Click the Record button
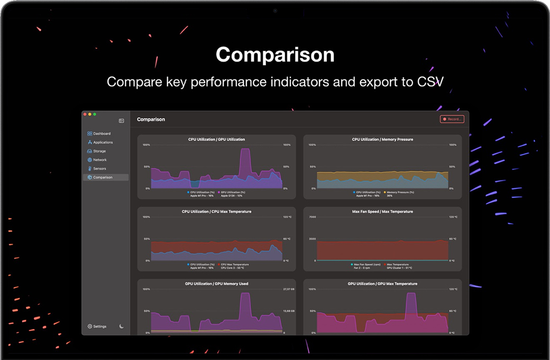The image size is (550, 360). click(x=452, y=119)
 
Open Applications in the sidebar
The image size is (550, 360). click(x=103, y=142)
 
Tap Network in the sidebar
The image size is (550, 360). click(x=99, y=160)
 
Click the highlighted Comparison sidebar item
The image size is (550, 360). click(x=103, y=178)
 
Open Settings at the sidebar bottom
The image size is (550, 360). click(x=99, y=327)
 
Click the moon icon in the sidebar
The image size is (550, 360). click(x=122, y=326)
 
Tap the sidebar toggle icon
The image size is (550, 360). click(x=121, y=121)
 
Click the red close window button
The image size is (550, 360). click(x=85, y=114)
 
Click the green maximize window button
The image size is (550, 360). click(x=95, y=114)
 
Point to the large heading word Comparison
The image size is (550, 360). click(x=275, y=55)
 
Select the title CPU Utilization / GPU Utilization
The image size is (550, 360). click(x=216, y=140)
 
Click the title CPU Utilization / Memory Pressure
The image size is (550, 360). click(x=382, y=140)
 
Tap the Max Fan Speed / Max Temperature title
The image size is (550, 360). click(x=382, y=211)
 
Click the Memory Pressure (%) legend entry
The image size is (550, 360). click(x=400, y=192)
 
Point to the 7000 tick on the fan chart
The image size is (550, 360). click(x=312, y=217)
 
